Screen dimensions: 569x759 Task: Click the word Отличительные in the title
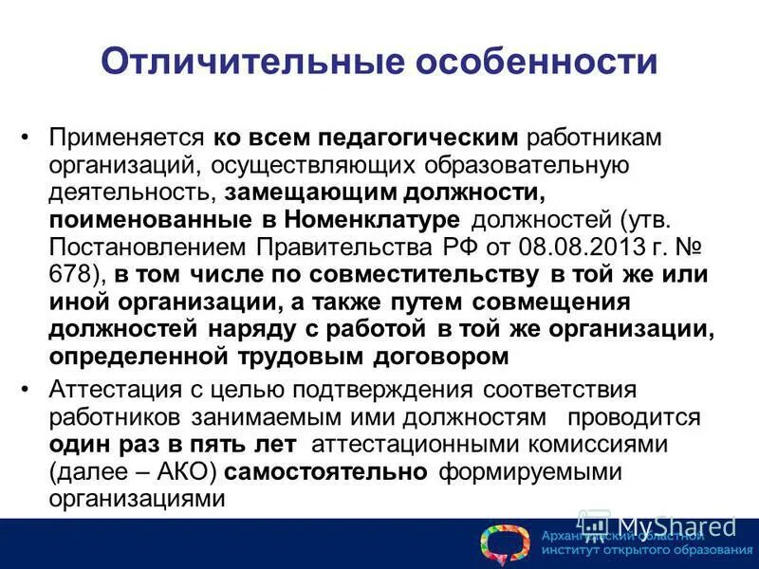(x=242, y=63)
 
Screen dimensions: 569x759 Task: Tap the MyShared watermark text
(x=676, y=525)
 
